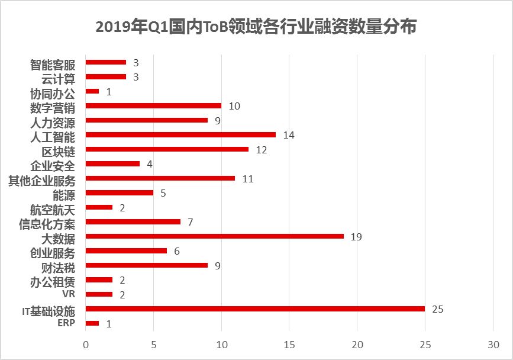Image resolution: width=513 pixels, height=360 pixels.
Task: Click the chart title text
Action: (x=256, y=27)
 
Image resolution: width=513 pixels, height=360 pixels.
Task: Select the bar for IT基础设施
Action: (x=255, y=309)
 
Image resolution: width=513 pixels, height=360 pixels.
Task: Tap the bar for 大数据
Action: (x=214, y=236)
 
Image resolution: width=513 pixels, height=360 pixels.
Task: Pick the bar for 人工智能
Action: (x=180, y=135)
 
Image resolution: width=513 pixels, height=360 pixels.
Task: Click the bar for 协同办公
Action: (x=92, y=91)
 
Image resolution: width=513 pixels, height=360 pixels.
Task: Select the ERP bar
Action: (x=92, y=323)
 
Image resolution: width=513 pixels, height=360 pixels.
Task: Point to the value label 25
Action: (x=438, y=309)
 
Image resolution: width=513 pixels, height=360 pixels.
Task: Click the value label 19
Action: (x=356, y=237)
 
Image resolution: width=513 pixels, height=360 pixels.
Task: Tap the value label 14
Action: (x=289, y=135)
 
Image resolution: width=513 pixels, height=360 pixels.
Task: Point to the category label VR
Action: (x=69, y=294)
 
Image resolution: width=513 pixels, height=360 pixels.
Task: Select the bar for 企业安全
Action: (x=112, y=164)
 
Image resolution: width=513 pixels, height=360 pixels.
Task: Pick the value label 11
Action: (x=248, y=179)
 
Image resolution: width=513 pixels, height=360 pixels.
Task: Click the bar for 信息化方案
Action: (x=133, y=222)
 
